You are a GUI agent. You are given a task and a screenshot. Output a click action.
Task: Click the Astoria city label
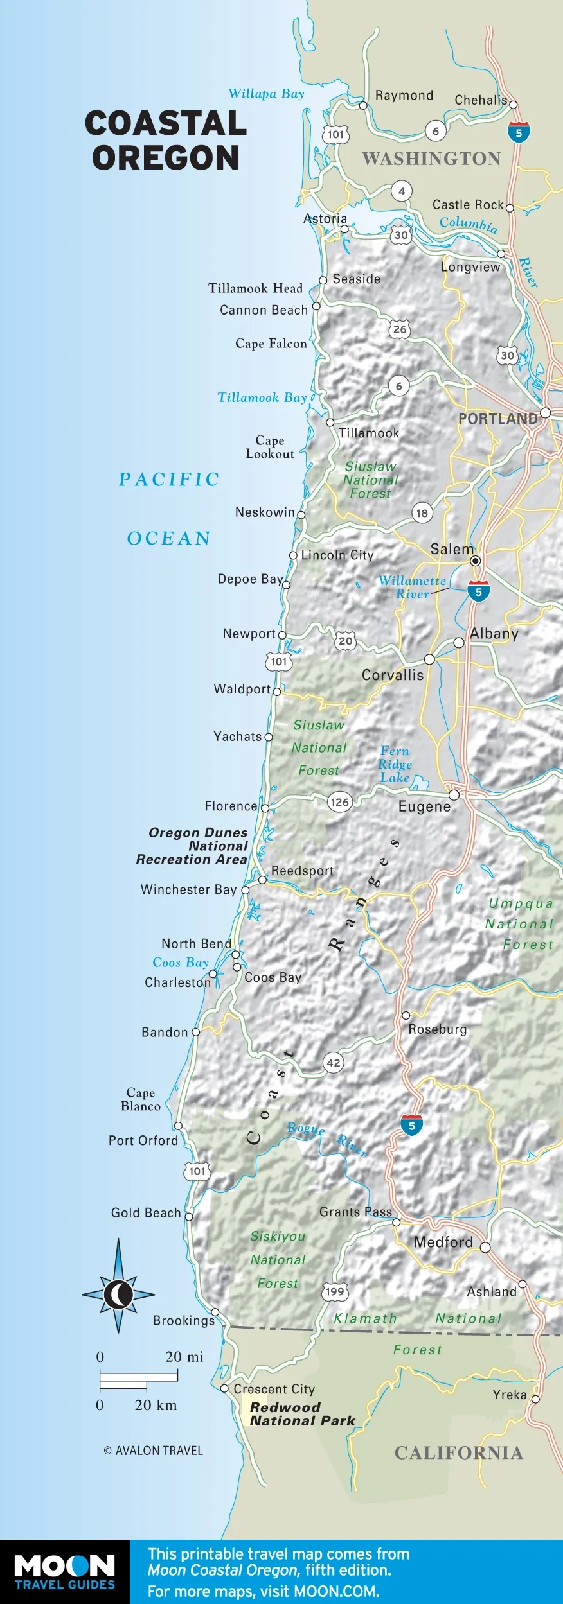click(325, 218)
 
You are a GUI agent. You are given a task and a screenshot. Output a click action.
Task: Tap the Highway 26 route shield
click(400, 329)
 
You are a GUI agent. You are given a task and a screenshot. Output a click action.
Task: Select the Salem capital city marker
click(475, 561)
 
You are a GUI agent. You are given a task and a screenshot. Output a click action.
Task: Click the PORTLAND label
click(497, 419)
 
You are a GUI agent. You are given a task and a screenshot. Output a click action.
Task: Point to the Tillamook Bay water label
click(262, 397)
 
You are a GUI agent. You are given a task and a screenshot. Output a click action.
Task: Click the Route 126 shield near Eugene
click(339, 801)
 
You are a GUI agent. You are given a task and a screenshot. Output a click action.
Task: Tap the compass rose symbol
click(118, 1295)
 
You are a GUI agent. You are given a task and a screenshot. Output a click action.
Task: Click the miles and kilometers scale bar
click(138, 1381)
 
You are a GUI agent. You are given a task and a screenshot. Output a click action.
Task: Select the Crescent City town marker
click(224, 1388)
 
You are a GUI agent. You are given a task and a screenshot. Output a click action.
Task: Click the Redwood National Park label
click(302, 1414)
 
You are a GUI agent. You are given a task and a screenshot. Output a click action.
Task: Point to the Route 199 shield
click(335, 1291)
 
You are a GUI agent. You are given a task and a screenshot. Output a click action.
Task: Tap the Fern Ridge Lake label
click(395, 764)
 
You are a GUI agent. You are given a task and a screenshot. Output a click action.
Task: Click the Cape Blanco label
click(141, 1099)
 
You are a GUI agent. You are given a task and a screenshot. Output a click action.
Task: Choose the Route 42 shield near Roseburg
click(333, 1063)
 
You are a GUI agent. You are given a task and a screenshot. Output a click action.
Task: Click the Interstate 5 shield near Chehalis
click(519, 132)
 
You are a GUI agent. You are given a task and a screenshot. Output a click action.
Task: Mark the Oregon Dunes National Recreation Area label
click(192, 846)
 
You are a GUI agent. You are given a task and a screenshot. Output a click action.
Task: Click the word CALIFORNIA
click(458, 1453)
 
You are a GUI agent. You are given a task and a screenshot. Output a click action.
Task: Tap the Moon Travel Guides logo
click(64, 1571)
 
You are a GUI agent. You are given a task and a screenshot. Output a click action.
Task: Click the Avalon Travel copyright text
click(153, 1451)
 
